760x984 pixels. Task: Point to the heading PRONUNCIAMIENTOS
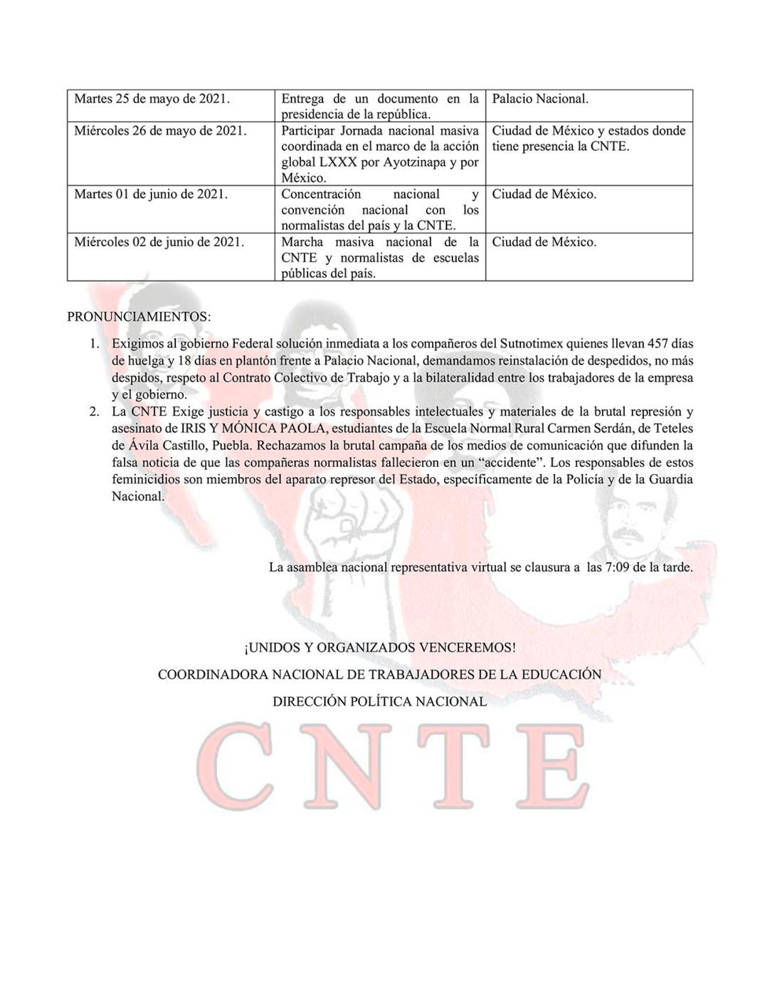(139, 317)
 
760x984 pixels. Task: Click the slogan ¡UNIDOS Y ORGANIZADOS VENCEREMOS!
(379, 647)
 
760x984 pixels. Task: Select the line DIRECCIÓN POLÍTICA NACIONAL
(379, 701)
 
